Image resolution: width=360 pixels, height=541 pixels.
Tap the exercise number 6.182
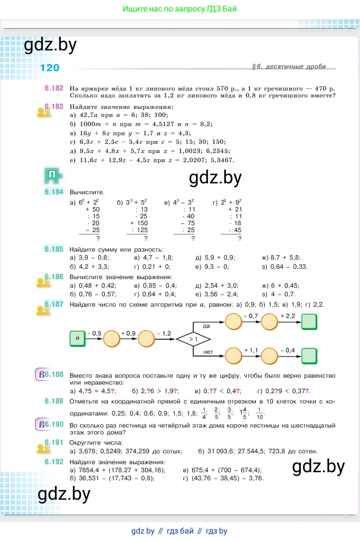[53, 89]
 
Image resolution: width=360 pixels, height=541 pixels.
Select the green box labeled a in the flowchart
[77, 339]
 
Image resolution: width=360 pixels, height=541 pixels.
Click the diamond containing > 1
[194, 339]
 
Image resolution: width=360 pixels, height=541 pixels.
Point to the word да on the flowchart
[199, 325]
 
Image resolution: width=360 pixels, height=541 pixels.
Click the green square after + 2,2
[309, 323]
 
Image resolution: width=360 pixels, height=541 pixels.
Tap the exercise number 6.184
[53, 193]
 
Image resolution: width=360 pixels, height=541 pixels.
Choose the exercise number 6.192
[53, 461]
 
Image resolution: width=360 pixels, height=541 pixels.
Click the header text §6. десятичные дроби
[288, 67]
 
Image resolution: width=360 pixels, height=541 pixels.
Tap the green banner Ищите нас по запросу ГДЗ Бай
[179, 9]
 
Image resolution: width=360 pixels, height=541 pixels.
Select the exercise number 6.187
[53, 304]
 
